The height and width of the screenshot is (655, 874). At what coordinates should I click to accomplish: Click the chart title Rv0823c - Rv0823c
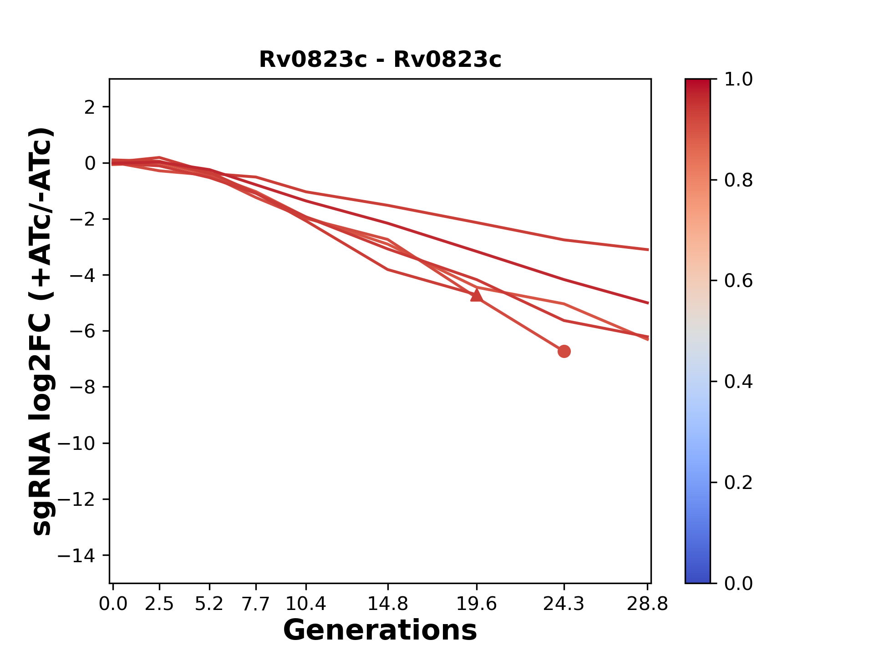(380, 60)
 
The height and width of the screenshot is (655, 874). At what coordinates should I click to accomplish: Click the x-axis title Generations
(380, 630)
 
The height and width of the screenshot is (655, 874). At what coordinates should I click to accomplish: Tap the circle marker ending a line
(564, 351)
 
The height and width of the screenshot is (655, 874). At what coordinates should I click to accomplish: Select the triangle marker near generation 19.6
(477, 296)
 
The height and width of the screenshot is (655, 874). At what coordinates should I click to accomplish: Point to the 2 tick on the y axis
(90, 107)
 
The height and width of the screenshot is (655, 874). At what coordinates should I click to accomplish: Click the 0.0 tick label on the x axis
(113, 604)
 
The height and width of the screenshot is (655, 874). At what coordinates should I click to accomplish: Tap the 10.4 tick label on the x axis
(306, 604)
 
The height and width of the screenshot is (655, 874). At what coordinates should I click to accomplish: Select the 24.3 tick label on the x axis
(564, 604)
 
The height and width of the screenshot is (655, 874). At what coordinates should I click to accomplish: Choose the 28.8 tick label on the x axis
(647, 604)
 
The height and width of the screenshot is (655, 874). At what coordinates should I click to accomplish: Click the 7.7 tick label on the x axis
(256, 604)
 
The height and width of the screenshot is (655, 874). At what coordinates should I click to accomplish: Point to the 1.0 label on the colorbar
(738, 80)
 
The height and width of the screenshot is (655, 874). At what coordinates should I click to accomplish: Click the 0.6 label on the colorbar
(738, 281)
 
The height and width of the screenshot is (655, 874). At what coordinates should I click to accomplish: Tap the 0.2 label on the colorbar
(738, 483)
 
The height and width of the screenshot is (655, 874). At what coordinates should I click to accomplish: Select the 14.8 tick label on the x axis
(388, 604)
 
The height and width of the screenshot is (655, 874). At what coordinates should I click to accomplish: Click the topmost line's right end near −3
(647, 249)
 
